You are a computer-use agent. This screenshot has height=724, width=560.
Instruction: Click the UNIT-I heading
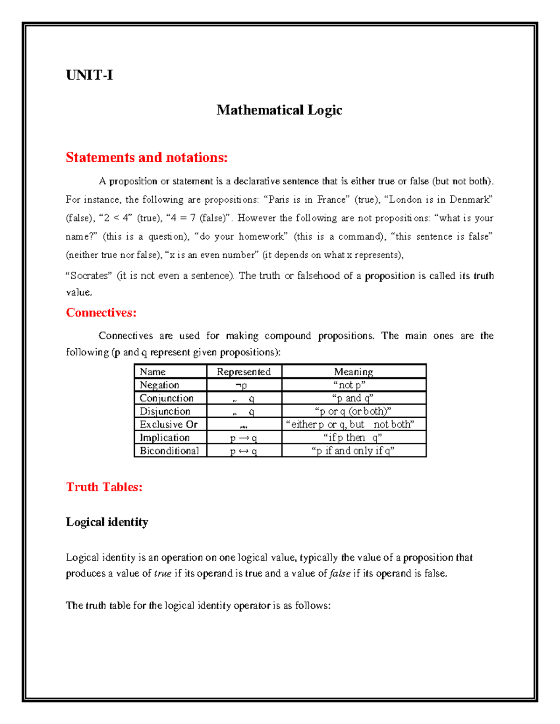click(x=89, y=75)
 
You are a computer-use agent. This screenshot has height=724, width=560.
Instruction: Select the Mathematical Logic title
click(x=279, y=110)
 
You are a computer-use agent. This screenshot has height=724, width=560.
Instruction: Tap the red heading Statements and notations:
click(x=147, y=158)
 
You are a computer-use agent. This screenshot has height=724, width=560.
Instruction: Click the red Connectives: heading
click(x=101, y=312)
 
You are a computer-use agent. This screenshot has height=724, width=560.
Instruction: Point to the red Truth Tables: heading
click(x=104, y=487)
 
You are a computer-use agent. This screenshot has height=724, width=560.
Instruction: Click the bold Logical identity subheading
click(x=107, y=522)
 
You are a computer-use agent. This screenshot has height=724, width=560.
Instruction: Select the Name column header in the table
click(x=153, y=372)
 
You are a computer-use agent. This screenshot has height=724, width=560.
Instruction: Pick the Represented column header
click(x=244, y=372)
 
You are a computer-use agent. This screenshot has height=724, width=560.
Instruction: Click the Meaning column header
click(x=353, y=372)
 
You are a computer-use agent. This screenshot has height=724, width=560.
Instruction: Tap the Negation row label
click(x=159, y=385)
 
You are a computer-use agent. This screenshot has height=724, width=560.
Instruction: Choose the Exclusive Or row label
click(x=168, y=424)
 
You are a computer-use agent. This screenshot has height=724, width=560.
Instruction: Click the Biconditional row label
click(x=169, y=451)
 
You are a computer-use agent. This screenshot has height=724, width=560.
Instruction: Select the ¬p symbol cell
click(x=241, y=385)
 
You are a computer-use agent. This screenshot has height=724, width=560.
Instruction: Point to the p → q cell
click(x=244, y=438)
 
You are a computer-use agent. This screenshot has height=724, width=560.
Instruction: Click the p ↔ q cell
click(x=244, y=451)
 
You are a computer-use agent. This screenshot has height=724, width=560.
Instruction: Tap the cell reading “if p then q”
click(x=353, y=438)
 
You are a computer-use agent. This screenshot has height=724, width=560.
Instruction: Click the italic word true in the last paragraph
click(x=162, y=573)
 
